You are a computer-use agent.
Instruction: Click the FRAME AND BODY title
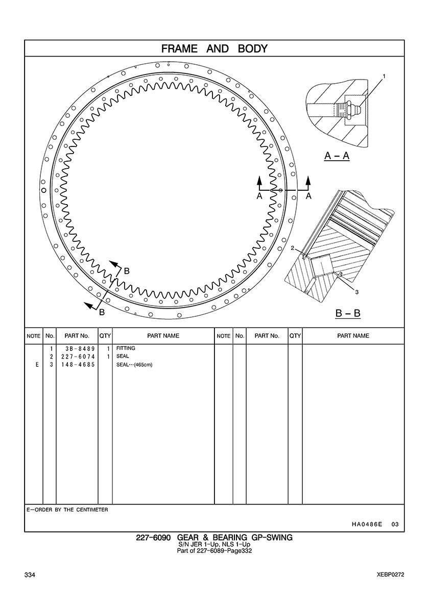[x=214, y=48]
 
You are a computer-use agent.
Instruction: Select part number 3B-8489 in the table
[x=80, y=348]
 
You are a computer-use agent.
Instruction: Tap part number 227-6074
[x=78, y=357]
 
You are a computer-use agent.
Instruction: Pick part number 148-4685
[x=78, y=364]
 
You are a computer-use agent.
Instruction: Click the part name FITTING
[x=126, y=348]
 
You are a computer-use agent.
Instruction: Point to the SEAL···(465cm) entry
[x=134, y=364]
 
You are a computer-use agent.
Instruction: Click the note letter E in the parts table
[x=37, y=364]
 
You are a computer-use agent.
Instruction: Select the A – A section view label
[x=337, y=156]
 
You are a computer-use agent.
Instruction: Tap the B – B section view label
[x=348, y=313]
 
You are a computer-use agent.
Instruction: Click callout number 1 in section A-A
[x=384, y=77]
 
